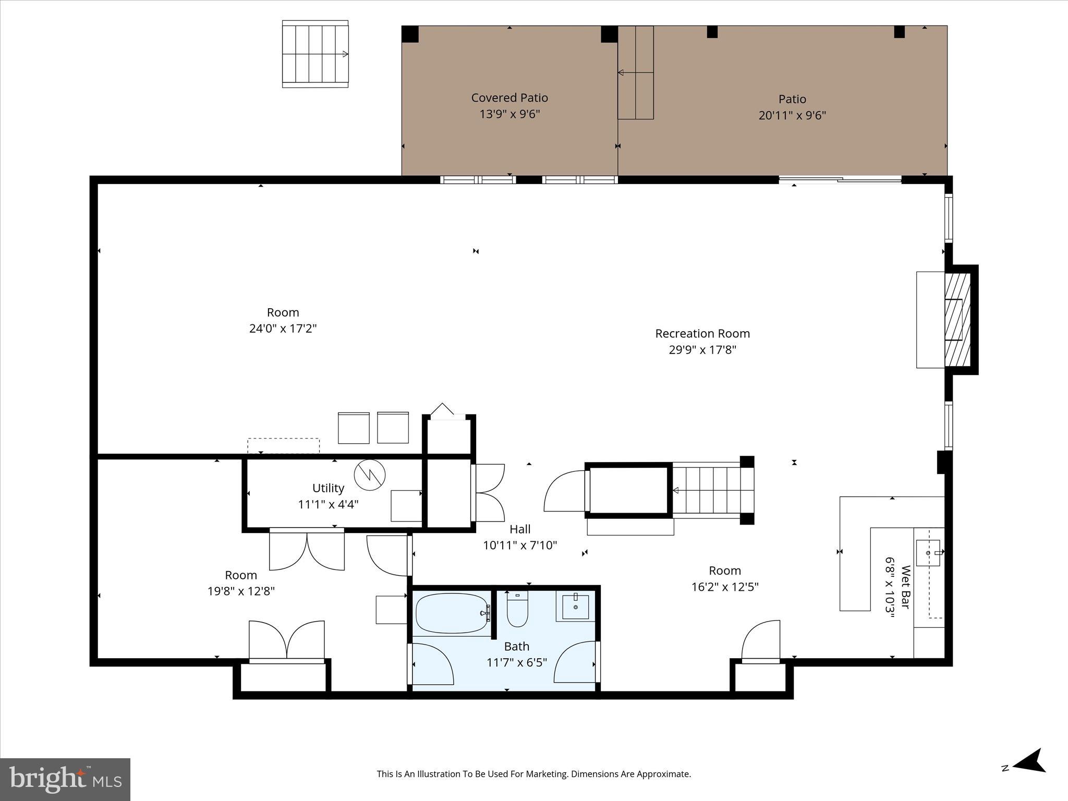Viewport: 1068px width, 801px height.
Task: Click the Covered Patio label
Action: (509, 98)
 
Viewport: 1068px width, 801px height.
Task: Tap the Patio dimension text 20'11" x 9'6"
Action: (792, 115)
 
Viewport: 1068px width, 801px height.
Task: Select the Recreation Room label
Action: (702, 333)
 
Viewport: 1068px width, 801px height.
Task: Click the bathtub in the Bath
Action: (452, 613)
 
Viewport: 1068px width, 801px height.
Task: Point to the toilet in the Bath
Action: (517, 610)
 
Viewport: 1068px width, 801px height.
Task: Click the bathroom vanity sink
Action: (575, 606)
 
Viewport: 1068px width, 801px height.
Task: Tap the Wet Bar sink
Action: (928, 553)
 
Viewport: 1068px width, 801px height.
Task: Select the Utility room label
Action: (328, 488)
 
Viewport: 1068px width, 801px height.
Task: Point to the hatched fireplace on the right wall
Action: (957, 319)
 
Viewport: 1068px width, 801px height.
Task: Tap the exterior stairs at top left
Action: (315, 54)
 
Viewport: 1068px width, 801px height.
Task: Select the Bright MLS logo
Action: (65, 779)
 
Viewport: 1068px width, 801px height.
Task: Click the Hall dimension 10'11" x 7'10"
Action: (519, 545)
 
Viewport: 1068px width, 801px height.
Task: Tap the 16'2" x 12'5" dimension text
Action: (724, 587)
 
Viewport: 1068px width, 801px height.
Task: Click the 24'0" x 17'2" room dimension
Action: (283, 329)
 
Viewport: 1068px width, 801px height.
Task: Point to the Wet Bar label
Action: (905, 587)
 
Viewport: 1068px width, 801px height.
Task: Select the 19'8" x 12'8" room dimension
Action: (241, 591)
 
